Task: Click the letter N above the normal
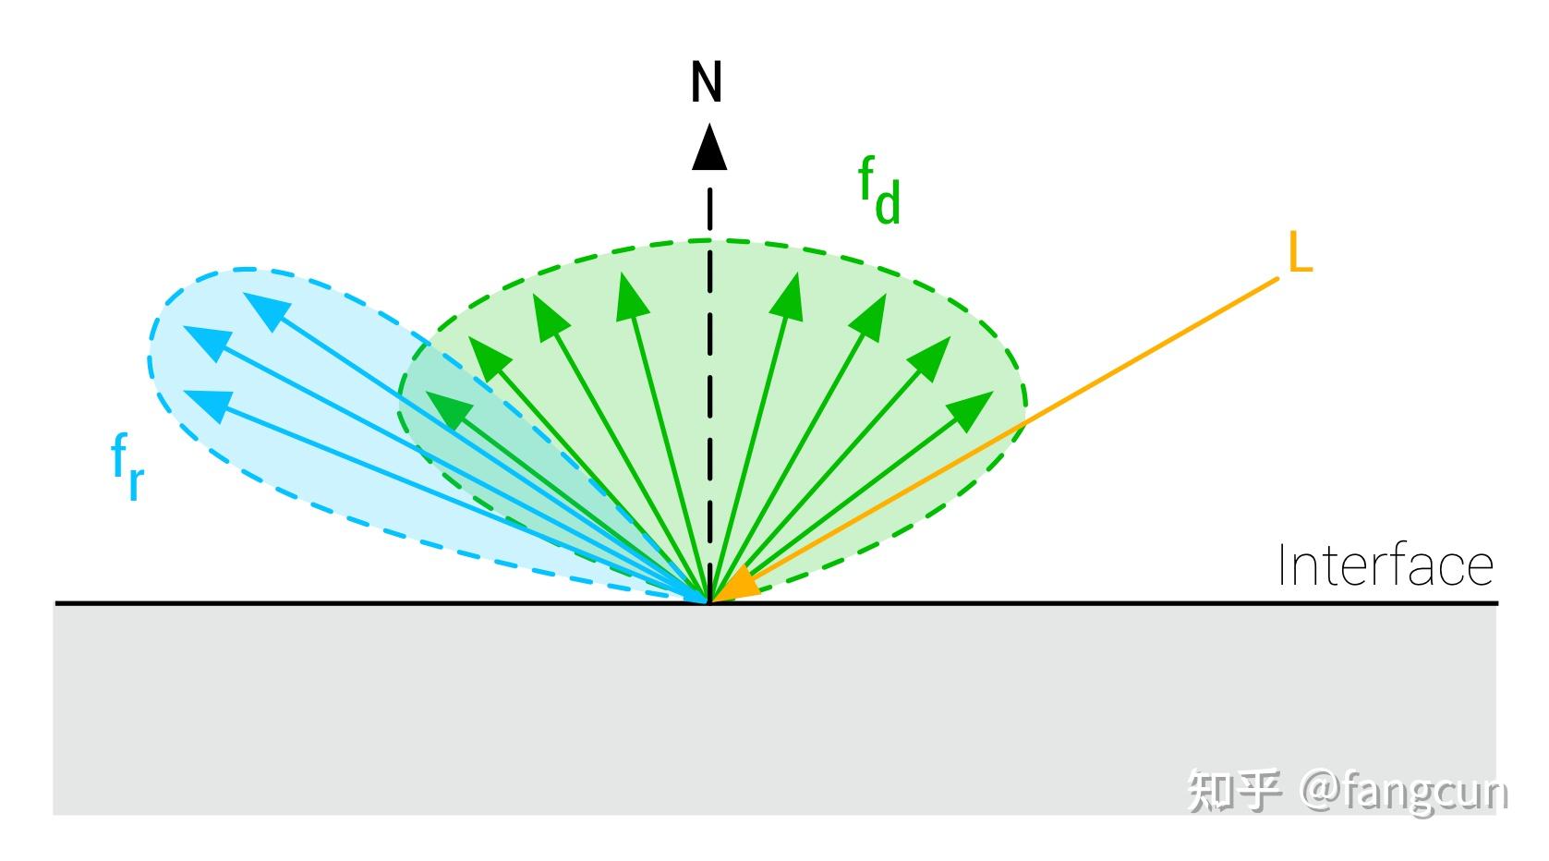(707, 82)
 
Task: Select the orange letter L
(1299, 253)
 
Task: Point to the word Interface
(1385, 566)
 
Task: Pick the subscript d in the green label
(888, 204)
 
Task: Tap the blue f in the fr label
(119, 455)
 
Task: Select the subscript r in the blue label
(136, 480)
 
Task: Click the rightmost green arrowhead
(972, 409)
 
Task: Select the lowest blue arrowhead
(207, 405)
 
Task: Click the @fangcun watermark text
(1404, 793)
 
